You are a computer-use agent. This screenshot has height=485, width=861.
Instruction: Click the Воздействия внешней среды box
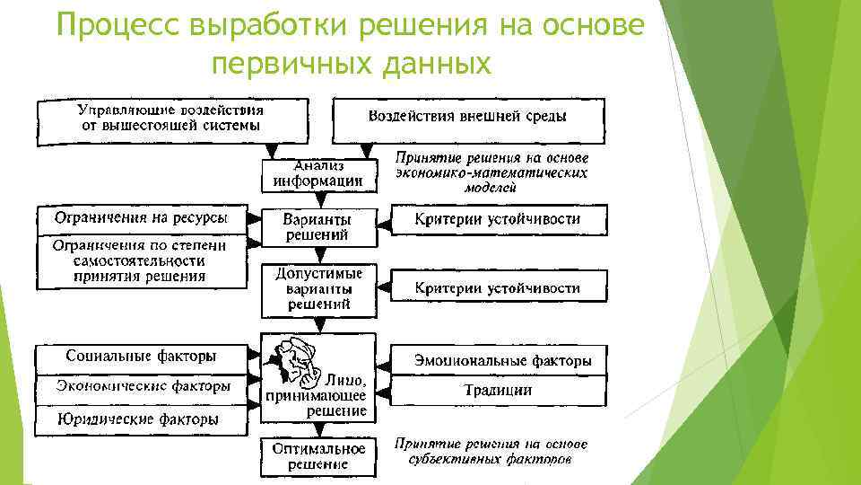pyautogui.click(x=468, y=117)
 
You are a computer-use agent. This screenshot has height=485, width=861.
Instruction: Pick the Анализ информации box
pyautogui.click(x=317, y=174)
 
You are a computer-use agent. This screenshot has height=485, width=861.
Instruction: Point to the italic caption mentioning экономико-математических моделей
pyautogui.click(x=491, y=172)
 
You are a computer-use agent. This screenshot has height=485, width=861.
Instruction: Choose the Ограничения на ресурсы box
pyautogui.click(x=141, y=218)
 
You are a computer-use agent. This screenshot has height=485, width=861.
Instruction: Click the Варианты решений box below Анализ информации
pyautogui.click(x=317, y=227)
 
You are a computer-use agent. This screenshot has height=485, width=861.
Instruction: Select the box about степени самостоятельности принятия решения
pyautogui.click(x=141, y=261)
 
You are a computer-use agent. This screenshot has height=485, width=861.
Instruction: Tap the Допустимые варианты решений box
pyautogui.click(x=317, y=289)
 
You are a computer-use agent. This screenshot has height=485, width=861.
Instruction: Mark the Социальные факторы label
pyautogui.click(x=141, y=357)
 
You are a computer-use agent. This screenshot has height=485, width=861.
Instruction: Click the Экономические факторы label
pyautogui.click(x=141, y=387)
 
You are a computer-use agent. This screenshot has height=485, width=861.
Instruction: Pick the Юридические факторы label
pyautogui.click(x=141, y=419)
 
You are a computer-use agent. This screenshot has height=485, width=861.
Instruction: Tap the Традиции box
pyautogui.click(x=498, y=390)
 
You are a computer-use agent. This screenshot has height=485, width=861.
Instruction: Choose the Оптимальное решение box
pyautogui.click(x=317, y=455)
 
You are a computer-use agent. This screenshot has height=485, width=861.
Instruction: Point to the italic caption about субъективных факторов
pyautogui.click(x=491, y=452)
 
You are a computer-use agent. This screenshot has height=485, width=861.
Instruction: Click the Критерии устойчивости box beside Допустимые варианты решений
pyautogui.click(x=498, y=288)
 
